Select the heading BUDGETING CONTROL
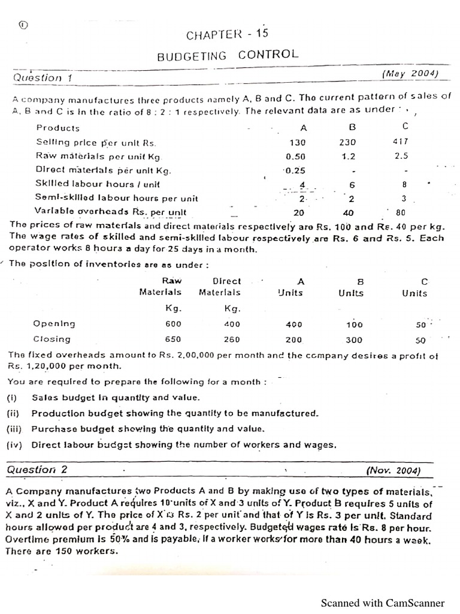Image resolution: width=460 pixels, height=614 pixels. (227, 55)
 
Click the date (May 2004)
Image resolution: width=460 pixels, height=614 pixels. (410, 74)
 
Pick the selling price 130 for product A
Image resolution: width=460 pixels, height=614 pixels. (297, 143)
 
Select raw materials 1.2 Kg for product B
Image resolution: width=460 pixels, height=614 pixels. (348, 156)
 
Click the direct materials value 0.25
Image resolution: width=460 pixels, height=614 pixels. (294, 170)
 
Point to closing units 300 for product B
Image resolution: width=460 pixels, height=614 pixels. (354, 339)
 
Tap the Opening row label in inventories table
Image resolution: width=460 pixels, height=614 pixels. (55, 324)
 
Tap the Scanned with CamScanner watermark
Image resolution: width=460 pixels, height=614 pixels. (383, 603)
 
